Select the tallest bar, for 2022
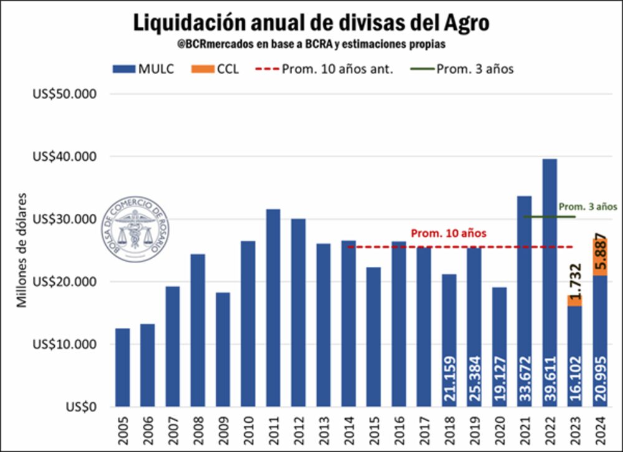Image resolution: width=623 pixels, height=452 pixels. coord(549,281)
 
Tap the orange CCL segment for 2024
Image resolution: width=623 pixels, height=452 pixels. coord(599,256)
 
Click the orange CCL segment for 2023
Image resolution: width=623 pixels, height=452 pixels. coord(574,300)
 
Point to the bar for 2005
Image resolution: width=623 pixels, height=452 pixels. coord(122,368)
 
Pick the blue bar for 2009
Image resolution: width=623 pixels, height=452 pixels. coord(222,349)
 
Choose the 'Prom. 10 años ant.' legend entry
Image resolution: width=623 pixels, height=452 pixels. coord(324,69)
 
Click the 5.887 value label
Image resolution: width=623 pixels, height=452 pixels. coord(601,252)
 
